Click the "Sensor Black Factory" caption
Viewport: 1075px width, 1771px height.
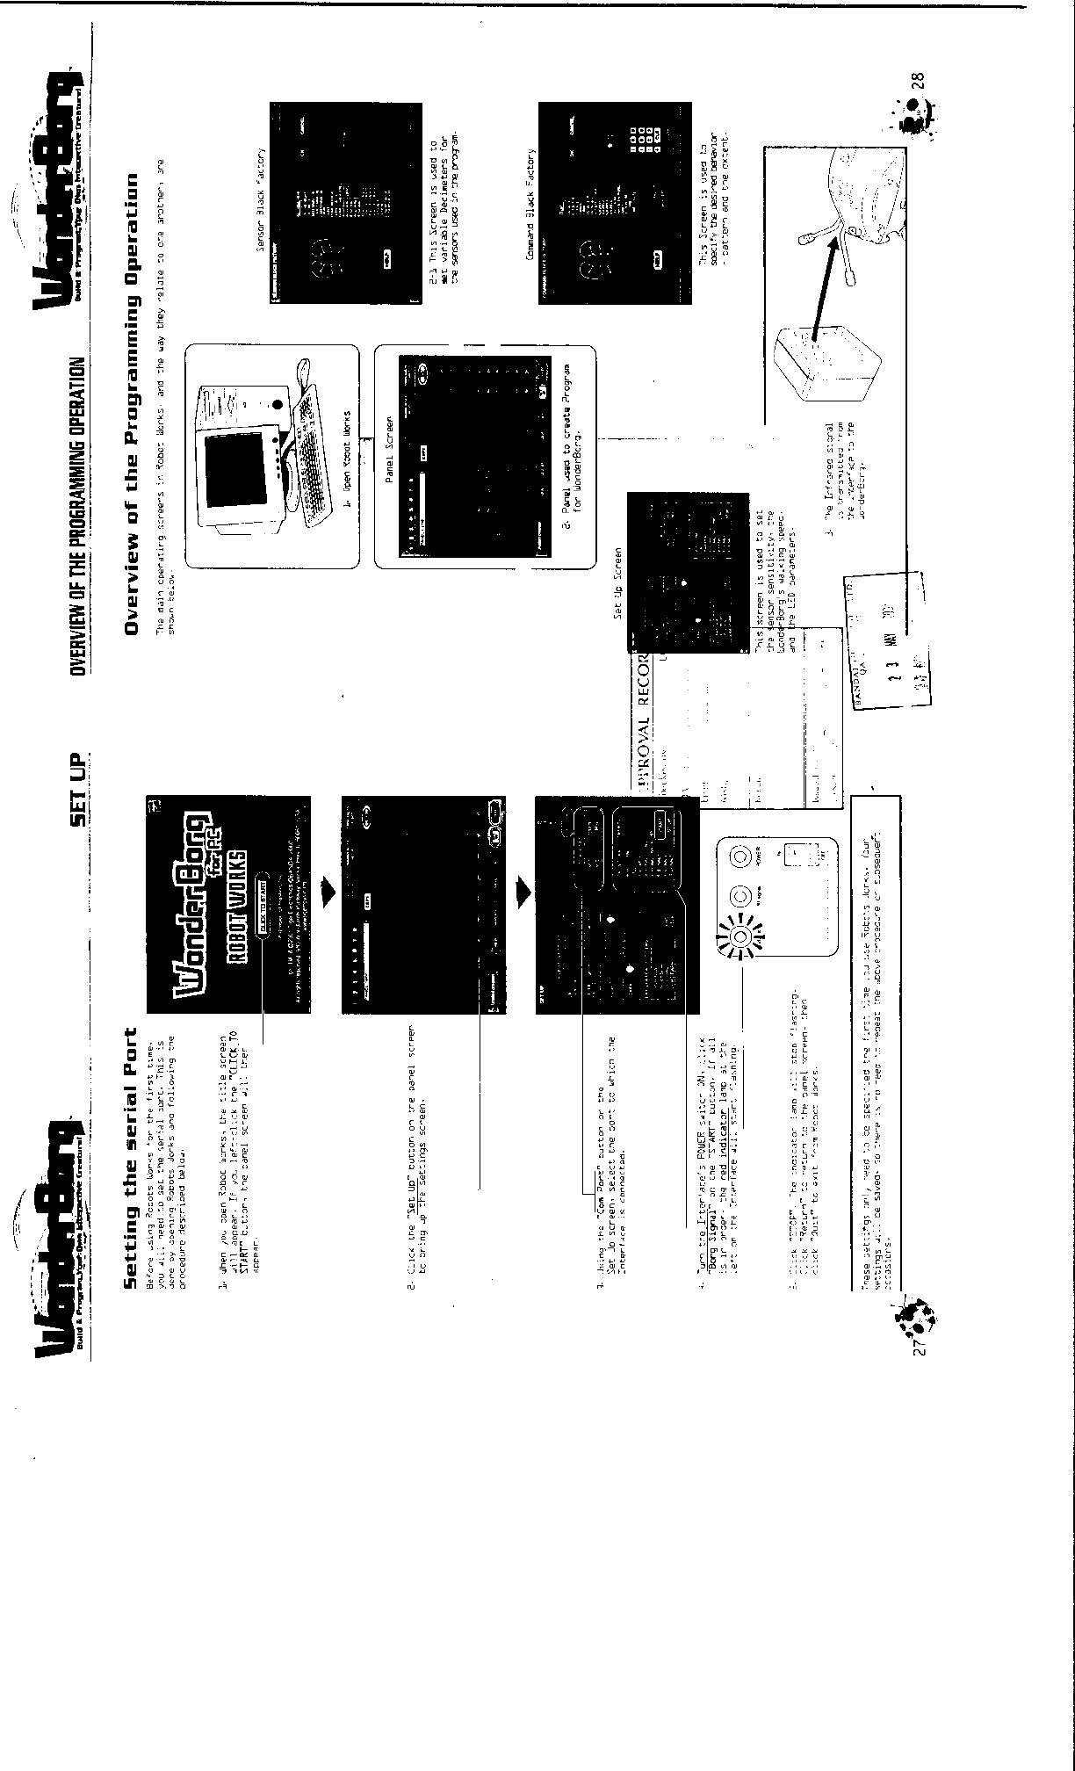click(x=261, y=199)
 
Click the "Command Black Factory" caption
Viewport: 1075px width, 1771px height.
click(x=530, y=199)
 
